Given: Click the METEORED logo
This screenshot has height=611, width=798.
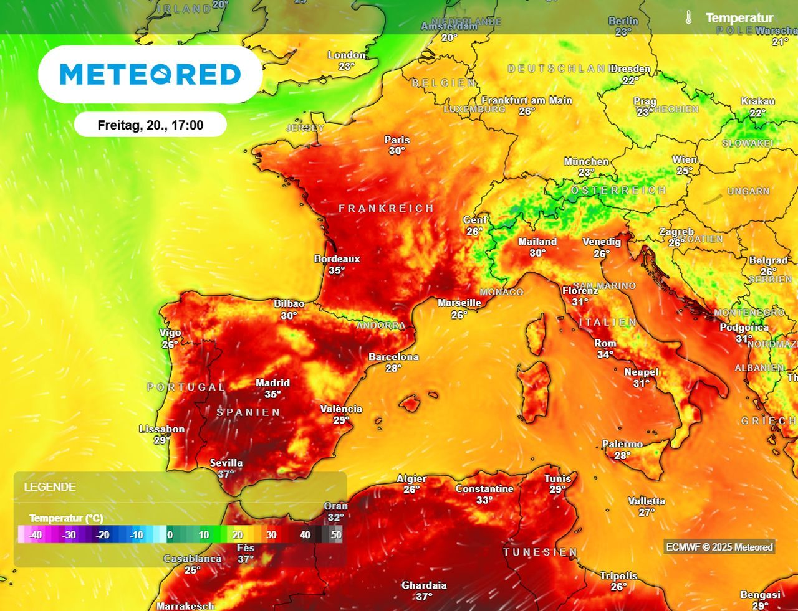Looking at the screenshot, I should click(x=150, y=74).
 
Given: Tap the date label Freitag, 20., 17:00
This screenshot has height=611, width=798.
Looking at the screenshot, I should click(x=150, y=125).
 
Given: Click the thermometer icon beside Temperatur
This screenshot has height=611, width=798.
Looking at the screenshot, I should click(x=688, y=17).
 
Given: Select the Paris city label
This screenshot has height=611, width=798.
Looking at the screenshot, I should click(x=397, y=140).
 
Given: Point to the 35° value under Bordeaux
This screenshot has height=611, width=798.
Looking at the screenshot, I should click(x=337, y=270).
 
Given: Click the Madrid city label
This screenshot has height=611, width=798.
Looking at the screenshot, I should click(x=272, y=383).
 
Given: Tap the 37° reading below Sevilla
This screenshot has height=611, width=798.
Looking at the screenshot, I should click(x=226, y=474).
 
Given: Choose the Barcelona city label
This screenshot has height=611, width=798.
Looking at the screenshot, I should click(x=393, y=357).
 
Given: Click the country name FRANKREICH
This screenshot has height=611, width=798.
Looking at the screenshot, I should click(x=386, y=208).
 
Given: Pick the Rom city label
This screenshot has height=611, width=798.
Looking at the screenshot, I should click(x=605, y=343).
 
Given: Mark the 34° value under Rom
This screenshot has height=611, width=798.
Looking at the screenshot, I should click(x=605, y=354).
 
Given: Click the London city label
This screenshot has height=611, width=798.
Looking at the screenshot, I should click(x=347, y=55).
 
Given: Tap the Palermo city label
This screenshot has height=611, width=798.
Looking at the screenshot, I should click(x=622, y=444).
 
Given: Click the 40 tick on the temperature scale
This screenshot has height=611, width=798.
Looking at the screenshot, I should click(x=305, y=534).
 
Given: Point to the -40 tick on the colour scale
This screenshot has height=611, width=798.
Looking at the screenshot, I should click(x=35, y=534).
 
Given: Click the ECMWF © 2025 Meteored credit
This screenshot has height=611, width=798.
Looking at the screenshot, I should click(x=719, y=547).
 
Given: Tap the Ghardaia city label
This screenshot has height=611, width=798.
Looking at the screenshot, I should click(x=424, y=585).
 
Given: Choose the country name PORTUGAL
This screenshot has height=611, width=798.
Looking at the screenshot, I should click(x=186, y=387).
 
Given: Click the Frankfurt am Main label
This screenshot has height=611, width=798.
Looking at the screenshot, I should click(x=527, y=100).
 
